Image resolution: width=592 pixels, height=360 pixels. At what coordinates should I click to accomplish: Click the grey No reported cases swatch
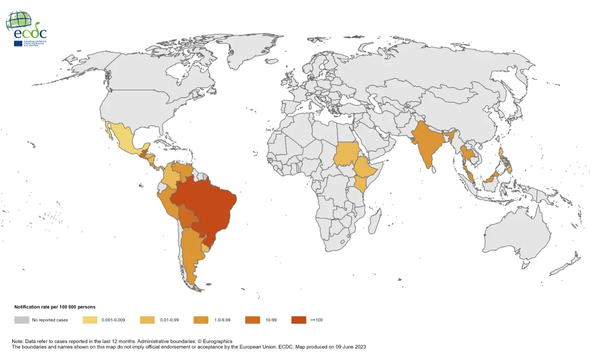click(21, 320)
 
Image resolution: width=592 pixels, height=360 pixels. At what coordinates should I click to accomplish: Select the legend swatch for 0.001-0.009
click(90, 320)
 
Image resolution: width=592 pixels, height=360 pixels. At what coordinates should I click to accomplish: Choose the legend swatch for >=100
click(299, 320)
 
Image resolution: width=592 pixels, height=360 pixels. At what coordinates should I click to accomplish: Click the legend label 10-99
click(271, 320)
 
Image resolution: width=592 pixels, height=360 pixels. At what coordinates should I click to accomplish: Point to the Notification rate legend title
click(55, 307)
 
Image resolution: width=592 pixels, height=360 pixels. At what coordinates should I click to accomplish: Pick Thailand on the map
click(467, 155)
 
